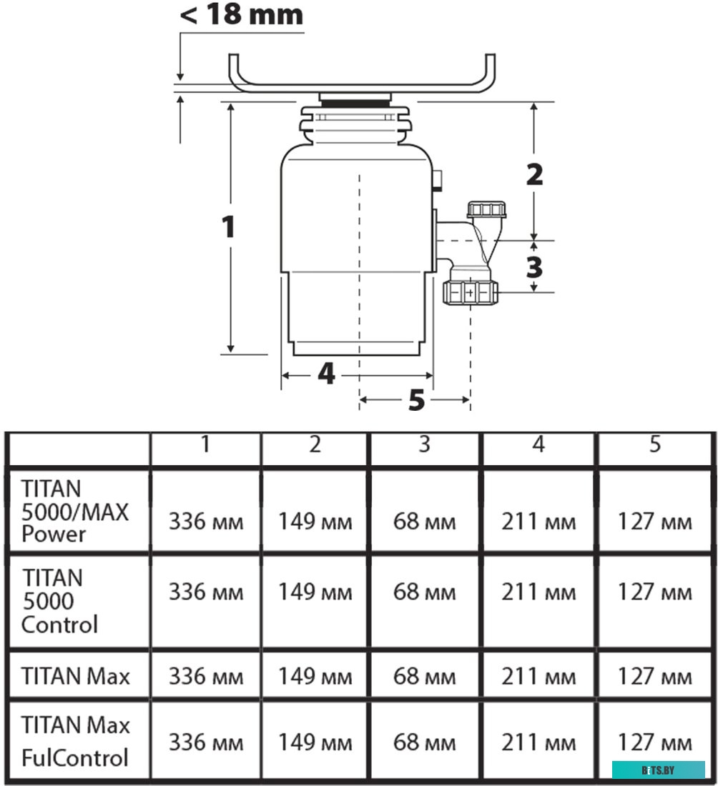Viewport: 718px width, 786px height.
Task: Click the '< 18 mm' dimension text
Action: click(x=241, y=14)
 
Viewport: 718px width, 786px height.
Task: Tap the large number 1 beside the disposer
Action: click(x=228, y=227)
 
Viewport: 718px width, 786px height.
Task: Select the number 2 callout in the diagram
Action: click(x=534, y=174)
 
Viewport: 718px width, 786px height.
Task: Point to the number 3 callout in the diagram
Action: click(x=534, y=267)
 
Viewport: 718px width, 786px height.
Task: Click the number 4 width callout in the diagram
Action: click(x=326, y=373)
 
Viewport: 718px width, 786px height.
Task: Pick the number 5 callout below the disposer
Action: click(x=416, y=401)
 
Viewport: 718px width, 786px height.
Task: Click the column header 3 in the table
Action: click(x=425, y=444)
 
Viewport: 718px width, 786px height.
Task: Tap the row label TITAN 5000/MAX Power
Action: click(x=75, y=511)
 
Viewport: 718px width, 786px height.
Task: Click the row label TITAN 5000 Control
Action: click(x=60, y=601)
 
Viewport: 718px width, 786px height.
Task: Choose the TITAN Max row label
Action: click(x=76, y=676)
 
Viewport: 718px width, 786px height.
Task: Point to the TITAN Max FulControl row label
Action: click(x=76, y=741)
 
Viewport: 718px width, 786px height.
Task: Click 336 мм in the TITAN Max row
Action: click(x=206, y=676)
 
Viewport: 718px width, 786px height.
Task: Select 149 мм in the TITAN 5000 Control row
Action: click(x=315, y=592)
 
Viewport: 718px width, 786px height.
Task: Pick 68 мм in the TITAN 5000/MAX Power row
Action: click(x=425, y=522)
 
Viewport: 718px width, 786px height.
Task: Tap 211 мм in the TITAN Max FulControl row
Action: click(x=538, y=742)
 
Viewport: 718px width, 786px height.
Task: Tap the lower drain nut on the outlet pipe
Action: click(x=470, y=292)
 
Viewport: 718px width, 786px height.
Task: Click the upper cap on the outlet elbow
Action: click(x=487, y=210)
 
